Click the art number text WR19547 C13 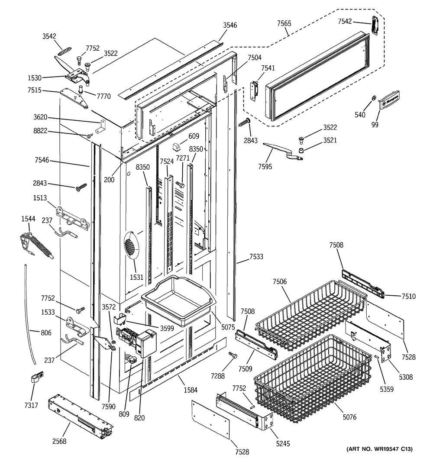click(379, 450)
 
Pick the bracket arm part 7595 click(282, 151)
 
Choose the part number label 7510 click(408, 297)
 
